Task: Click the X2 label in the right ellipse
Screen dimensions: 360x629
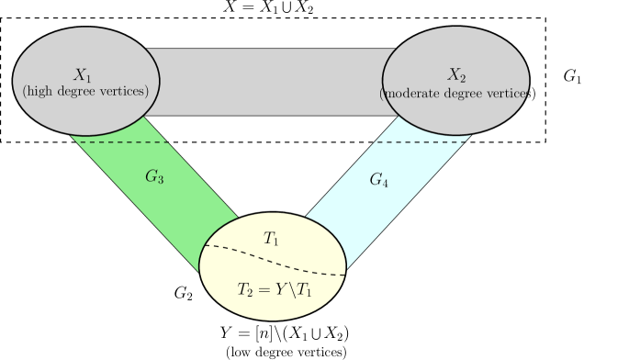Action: [455, 75]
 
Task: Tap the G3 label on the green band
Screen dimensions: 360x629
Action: [154, 176]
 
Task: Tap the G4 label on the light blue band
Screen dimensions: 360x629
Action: [378, 181]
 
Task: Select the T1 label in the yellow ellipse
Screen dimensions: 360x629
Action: [272, 239]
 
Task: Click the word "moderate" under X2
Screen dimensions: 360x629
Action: [415, 93]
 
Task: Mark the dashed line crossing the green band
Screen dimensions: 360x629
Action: [124, 142]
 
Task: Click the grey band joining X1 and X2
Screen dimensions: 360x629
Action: [271, 81]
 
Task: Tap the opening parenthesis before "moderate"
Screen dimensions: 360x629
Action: [382, 93]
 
